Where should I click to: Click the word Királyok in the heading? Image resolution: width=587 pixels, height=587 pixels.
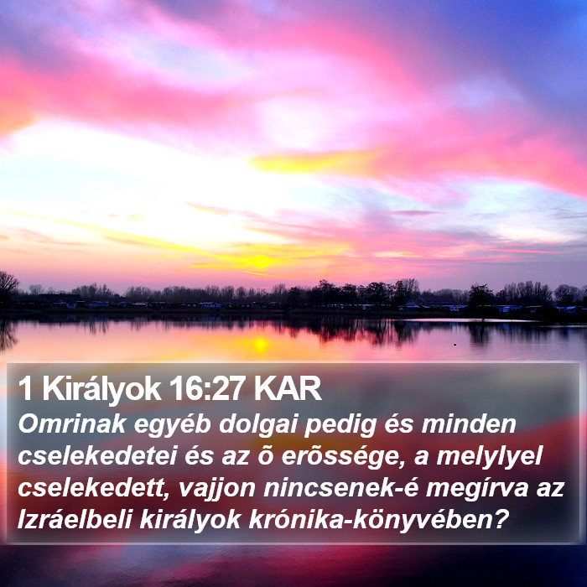(x=101, y=389)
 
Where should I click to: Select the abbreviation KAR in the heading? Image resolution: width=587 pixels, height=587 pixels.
(x=287, y=388)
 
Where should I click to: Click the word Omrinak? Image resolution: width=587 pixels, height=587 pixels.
(x=72, y=424)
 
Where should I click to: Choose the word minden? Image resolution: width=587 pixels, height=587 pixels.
(x=469, y=424)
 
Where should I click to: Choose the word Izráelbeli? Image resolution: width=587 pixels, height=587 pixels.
(x=75, y=520)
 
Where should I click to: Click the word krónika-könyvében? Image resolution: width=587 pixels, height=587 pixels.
(x=371, y=521)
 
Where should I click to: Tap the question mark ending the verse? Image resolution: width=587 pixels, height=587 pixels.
(x=501, y=520)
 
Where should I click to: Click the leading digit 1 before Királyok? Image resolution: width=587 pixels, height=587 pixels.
(x=25, y=388)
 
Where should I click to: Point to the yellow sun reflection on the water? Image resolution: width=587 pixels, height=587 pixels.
(x=260, y=345)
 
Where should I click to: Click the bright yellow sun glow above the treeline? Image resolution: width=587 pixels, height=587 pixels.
(x=261, y=262)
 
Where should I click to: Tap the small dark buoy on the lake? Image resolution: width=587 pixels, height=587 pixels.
(x=455, y=345)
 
